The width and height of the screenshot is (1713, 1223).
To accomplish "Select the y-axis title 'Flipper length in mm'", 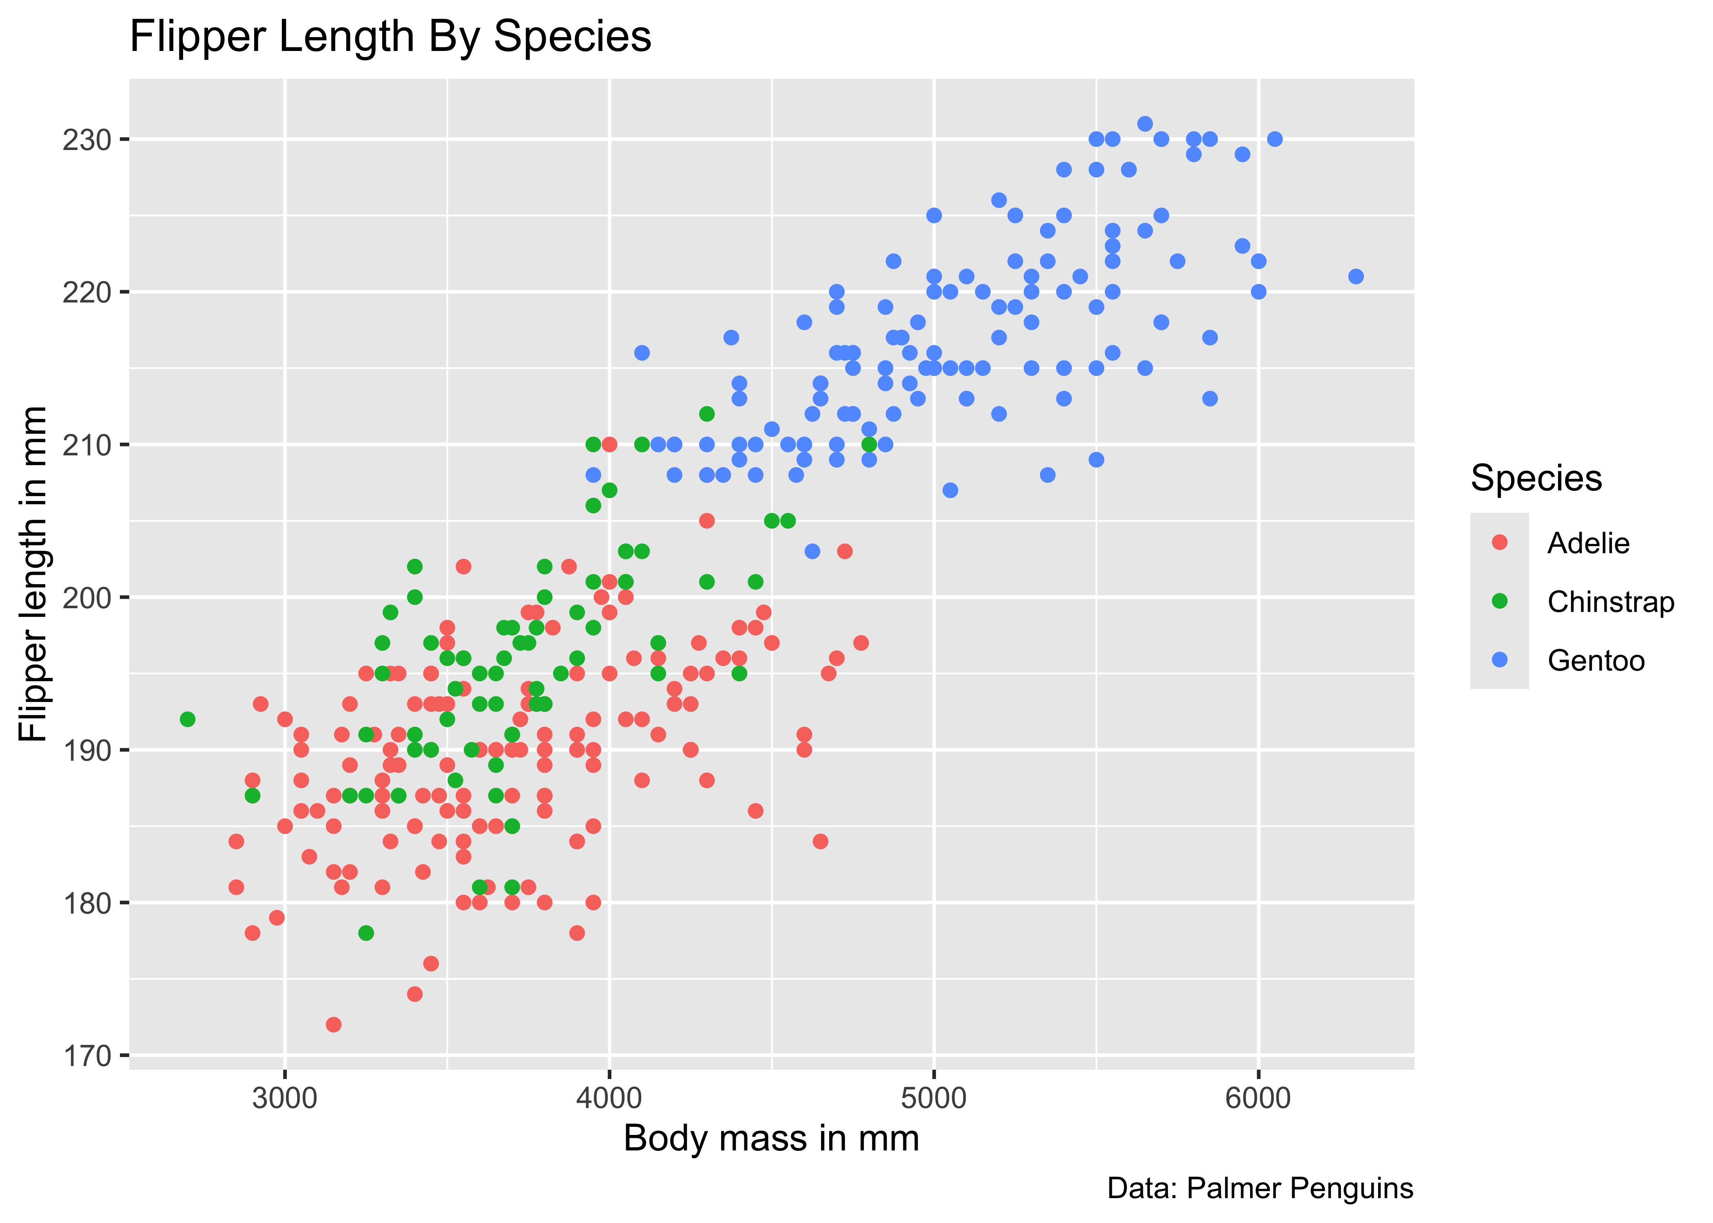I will click(x=33, y=574).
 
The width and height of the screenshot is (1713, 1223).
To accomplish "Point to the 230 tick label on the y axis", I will click(x=86, y=140).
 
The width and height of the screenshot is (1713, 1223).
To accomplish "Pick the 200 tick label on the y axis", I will click(x=86, y=598).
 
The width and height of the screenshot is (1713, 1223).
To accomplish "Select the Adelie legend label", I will click(x=1588, y=543).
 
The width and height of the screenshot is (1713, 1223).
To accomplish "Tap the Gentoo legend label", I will click(x=1596, y=660).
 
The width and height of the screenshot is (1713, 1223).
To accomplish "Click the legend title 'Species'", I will click(x=1536, y=478).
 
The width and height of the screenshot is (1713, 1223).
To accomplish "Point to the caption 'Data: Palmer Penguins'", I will click(x=1259, y=1188).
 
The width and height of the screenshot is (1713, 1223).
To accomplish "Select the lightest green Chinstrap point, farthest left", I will click(x=188, y=719).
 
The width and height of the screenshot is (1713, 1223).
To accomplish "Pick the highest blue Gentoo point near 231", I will click(x=1145, y=124).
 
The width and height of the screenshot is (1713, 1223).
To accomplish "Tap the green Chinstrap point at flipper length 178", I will click(x=366, y=933).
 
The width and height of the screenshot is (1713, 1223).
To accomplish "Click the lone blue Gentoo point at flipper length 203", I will click(x=812, y=551).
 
